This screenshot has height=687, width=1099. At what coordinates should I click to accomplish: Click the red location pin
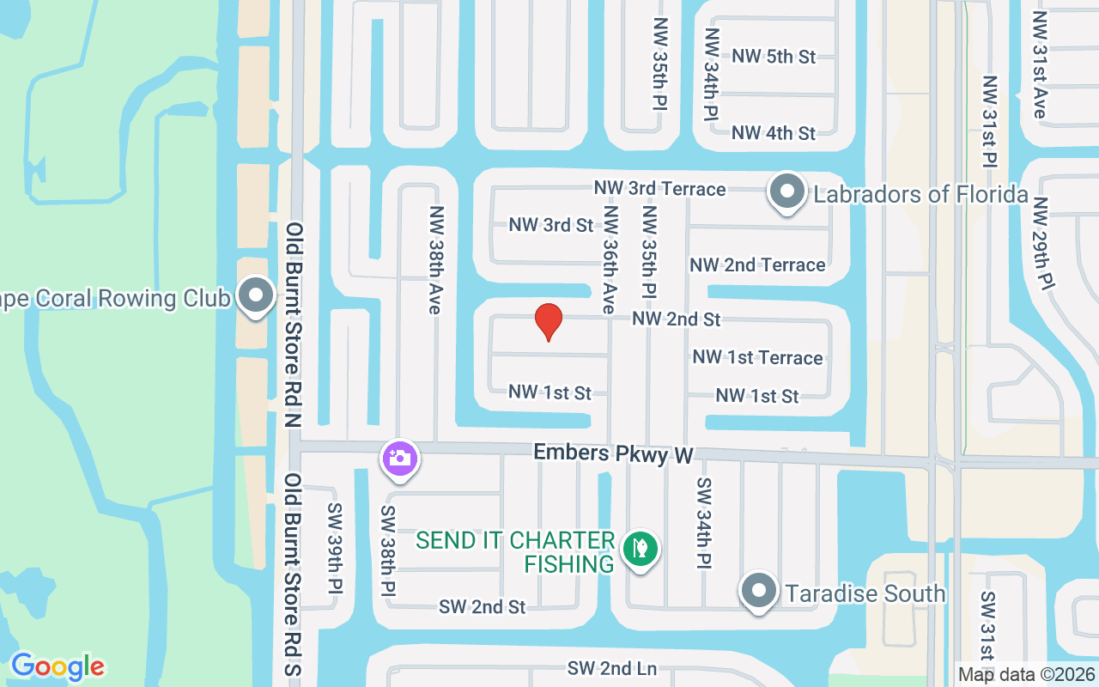click(549, 321)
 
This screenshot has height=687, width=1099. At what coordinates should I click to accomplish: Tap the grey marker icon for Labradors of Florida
click(786, 192)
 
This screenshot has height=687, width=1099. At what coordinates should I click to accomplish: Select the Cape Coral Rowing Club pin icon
click(255, 296)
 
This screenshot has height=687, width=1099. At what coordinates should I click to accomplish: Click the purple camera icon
click(399, 458)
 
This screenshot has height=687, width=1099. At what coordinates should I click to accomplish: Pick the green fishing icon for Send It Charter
click(640, 548)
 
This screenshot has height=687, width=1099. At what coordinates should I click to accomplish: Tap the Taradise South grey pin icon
click(758, 592)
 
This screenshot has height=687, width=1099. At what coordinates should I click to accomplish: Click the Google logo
click(58, 666)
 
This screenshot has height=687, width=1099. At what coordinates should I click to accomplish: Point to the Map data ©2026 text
click(1027, 675)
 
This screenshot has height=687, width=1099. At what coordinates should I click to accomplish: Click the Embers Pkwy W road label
click(612, 453)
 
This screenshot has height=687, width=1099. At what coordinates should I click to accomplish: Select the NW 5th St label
click(774, 57)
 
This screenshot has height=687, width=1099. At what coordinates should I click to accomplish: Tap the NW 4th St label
click(774, 133)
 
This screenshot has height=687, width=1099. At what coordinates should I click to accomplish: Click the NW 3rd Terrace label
click(660, 188)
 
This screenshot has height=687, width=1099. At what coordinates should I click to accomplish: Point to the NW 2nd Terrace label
click(757, 264)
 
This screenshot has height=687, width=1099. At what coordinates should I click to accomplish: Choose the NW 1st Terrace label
click(757, 357)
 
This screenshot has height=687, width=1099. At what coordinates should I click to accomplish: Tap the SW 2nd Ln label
click(611, 668)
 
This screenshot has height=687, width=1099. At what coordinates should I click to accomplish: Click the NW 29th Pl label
click(1041, 245)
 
